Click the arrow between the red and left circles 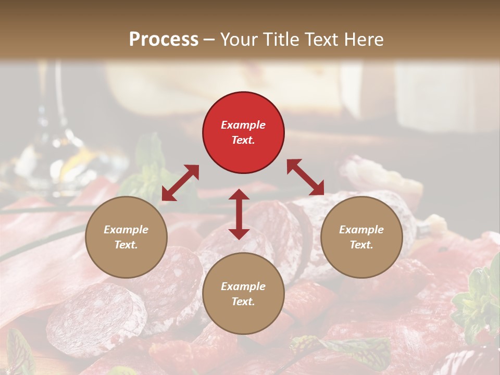pyautogui.click(x=180, y=183)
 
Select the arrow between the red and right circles pyautogui.click(x=305, y=177)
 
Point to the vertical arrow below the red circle pyautogui.click(x=239, y=214)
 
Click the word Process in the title pyautogui.click(x=164, y=39)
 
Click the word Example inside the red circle pyautogui.click(x=243, y=125)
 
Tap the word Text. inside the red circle pyautogui.click(x=243, y=140)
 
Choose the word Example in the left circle pyautogui.click(x=126, y=230)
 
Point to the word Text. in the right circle pyautogui.click(x=361, y=245)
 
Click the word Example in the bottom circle pyautogui.click(x=243, y=286)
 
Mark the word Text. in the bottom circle pyautogui.click(x=243, y=302)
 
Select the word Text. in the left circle pyautogui.click(x=126, y=245)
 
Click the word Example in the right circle pyautogui.click(x=361, y=230)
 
